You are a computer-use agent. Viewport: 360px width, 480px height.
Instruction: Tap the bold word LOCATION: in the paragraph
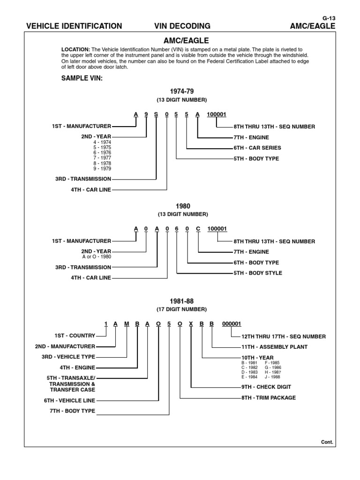click(76, 49)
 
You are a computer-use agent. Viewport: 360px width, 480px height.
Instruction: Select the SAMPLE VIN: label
click(82, 78)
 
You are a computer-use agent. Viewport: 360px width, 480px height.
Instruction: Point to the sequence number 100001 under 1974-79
click(217, 114)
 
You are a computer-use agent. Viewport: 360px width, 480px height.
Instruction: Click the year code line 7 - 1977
click(103, 158)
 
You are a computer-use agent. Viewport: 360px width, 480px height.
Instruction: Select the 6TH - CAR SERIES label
click(257, 148)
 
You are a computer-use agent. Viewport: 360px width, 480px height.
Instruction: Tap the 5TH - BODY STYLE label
click(258, 273)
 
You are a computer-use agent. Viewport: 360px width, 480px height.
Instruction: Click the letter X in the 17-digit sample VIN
click(191, 323)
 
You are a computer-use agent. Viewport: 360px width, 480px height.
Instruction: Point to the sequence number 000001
click(232, 323)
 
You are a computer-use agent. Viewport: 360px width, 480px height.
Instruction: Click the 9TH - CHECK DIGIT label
click(266, 387)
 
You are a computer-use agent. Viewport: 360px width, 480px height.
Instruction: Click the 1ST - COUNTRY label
click(75, 336)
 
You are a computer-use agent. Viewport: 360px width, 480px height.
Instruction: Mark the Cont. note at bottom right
click(327, 442)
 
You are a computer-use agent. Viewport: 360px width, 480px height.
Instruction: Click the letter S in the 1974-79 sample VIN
click(156, 114)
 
